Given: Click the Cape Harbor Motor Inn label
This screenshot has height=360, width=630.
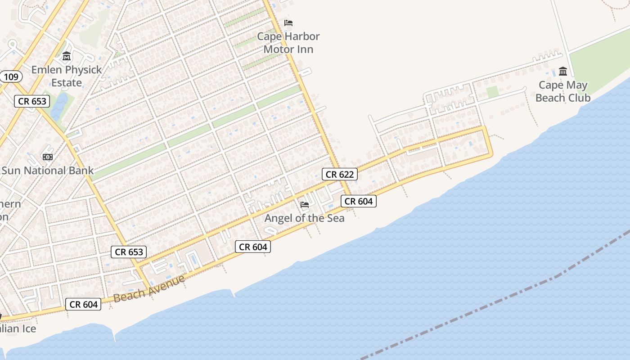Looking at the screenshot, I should (x=288, y=43).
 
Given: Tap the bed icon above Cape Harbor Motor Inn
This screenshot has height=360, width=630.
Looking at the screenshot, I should (x=288, y=23).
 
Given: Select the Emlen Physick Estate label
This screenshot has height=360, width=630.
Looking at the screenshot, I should (x=67, y=76).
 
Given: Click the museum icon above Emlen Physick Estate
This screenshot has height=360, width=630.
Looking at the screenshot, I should (x=67, y=57).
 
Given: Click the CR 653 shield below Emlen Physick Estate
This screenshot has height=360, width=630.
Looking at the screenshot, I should (x=32, y=101).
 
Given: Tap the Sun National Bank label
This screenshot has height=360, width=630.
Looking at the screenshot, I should (x=47, y=171).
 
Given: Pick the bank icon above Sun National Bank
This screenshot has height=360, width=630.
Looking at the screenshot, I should (x=47, y=157).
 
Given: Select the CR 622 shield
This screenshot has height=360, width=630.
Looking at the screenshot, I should (x=340, y=174).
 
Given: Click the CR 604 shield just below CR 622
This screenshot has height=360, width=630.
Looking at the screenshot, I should (x=358, y=201).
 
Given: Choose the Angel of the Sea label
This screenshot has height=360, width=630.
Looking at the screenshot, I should (x=305, y=218).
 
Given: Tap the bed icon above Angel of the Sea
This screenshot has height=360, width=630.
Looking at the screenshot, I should (x=305, y=205).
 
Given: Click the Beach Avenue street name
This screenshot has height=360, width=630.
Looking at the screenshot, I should (x=149, y=288).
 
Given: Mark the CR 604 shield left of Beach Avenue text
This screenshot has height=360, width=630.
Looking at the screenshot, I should (x=84, y=304).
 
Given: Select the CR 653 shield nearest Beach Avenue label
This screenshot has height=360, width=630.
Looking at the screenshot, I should (x=129, y=252).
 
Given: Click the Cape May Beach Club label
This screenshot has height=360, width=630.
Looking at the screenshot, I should (x=563, y=91).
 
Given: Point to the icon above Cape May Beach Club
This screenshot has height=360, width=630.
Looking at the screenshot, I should (x=563, y=72).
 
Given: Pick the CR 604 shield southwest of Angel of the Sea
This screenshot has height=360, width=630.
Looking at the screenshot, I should (x=253, y=247).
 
